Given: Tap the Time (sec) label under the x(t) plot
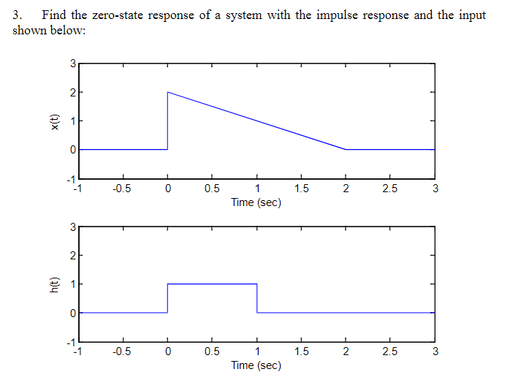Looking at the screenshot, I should click(x=256, y=202).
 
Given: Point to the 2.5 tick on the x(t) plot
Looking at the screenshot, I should click(x=389, y=190).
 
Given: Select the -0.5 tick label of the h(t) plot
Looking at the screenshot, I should click(x=122, y=354).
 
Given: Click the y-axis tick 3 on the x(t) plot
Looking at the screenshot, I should click(x=72, y=64).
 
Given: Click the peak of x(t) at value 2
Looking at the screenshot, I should click(x=168, y=92).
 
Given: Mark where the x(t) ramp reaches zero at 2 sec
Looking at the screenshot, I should click(x=346, y=149).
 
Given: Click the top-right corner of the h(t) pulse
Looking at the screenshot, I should click(x=256, y=284).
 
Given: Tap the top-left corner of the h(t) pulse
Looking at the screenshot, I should click(x=168, y=284).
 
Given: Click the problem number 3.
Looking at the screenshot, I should click(x=18, y=15).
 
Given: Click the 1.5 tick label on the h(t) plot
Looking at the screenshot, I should click(x=300, y=354).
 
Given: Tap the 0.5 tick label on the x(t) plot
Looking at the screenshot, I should click(x=212, y=190).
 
